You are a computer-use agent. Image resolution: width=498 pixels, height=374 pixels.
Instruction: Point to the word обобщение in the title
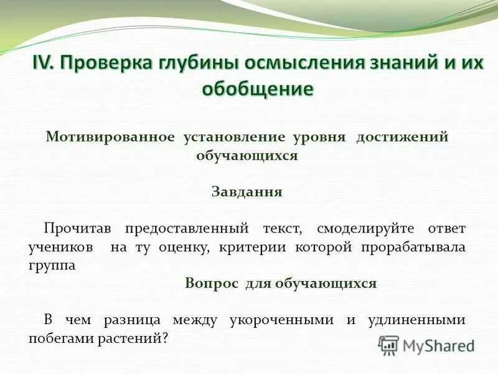pyautogui.click(x=257, y=89)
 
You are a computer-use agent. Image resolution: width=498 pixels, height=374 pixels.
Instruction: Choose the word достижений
pyautogui.click(x=402, y=137)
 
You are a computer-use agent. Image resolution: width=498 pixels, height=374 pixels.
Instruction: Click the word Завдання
pyautogui.click(x=247, y=192)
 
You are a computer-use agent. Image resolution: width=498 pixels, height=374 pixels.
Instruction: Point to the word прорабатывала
pyautogui.click(x=413, y=247)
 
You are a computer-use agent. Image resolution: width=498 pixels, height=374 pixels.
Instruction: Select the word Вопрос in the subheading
pyautogui.click(x=212, y=283)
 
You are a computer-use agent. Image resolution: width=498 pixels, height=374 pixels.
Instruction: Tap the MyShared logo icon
pyautogui.click(x=388, y=345)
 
